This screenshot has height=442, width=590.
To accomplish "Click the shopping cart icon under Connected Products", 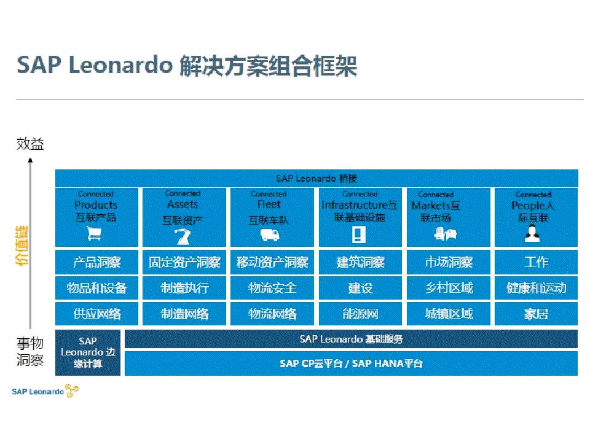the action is pos(93,233).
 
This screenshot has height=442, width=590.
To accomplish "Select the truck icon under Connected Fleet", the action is pos(270,235).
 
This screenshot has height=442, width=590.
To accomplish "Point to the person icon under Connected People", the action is pos(532,233).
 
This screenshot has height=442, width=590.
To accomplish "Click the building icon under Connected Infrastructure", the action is pos(358,235).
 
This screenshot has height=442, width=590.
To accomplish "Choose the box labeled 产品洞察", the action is pos(96,262).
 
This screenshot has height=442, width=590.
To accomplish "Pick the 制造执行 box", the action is pos(184,288).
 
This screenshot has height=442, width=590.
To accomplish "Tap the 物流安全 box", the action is pos(272,288).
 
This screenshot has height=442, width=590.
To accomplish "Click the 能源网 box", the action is pos(360,314).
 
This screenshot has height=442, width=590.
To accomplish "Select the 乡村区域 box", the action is pos(449,288).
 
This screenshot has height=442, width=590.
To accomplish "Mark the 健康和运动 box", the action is pos(536,288).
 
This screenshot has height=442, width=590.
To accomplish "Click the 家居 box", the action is pos(536,314).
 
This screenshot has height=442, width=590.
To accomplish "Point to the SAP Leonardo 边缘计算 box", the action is pos(88,352).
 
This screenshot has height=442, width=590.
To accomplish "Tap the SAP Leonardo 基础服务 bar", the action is pos(351,339).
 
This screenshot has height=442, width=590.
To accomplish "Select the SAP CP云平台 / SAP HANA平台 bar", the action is pos(351,363).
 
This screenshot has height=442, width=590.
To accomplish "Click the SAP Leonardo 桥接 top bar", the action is pos(317,178).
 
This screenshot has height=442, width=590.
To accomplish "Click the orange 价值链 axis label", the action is pos(22,246).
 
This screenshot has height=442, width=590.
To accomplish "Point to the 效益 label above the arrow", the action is pos(30,144).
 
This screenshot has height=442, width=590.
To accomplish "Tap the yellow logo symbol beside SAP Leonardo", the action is pos(71,391).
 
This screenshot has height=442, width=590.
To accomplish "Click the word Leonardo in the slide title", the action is pos(121,65).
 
